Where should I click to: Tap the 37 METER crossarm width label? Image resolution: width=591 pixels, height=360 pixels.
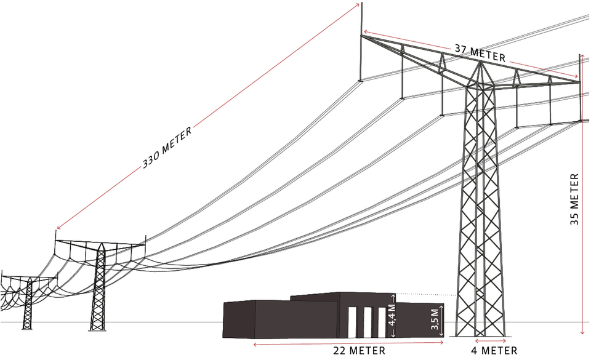(480, 54)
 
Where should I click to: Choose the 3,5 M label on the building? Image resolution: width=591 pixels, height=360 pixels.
(435, 320)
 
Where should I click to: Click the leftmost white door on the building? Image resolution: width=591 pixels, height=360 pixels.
(354, 321)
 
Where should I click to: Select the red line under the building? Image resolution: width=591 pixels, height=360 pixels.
(348, 345)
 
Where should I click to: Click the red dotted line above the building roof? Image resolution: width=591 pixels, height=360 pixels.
(425, 295)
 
